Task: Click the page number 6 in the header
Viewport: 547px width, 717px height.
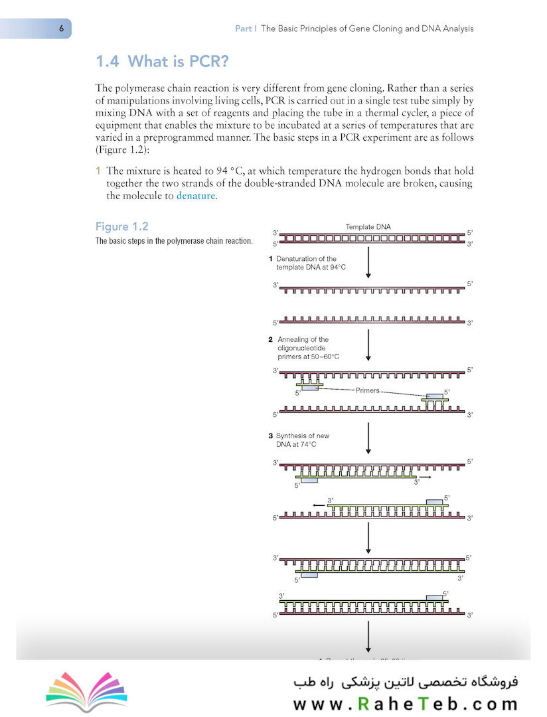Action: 61,29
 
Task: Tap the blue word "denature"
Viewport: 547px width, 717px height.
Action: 196,196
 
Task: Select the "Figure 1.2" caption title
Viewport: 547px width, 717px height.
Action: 121,226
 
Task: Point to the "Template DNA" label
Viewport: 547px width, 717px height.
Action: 368,226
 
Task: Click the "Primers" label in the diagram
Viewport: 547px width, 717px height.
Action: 367,390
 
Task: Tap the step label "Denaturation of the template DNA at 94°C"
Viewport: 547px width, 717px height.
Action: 307,262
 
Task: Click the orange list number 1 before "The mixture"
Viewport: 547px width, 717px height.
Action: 99,171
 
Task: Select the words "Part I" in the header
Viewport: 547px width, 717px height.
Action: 246,29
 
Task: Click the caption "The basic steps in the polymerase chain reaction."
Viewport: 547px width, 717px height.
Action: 174,241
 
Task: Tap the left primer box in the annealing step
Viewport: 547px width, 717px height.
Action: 309,388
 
